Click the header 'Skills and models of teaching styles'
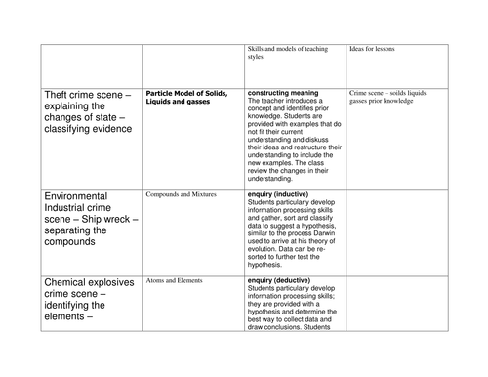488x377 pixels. pos(291,52)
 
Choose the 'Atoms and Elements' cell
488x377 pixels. pos(174,280)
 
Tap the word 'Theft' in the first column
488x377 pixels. pos(61,95)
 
